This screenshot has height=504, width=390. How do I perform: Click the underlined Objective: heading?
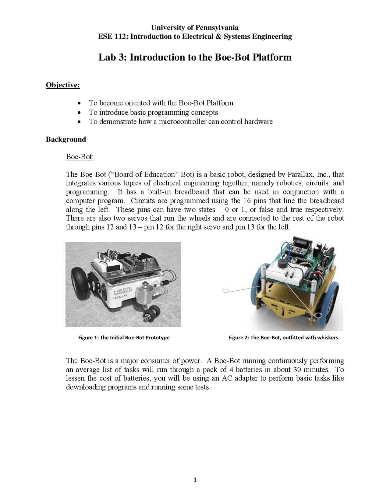(x=63, y=85)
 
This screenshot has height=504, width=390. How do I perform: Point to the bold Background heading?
(x=66, y=139)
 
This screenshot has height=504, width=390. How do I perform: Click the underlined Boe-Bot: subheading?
(x=80, y=157)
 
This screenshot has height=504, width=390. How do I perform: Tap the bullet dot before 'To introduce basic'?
(x=79, y=113)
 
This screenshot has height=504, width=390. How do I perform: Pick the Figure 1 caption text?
(x=124, y=338)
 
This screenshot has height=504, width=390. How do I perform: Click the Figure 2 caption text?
(x=283, y=338)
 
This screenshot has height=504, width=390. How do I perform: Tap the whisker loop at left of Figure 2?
(x=225, y=291)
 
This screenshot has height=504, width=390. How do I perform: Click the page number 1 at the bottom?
(x=195, y=480)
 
